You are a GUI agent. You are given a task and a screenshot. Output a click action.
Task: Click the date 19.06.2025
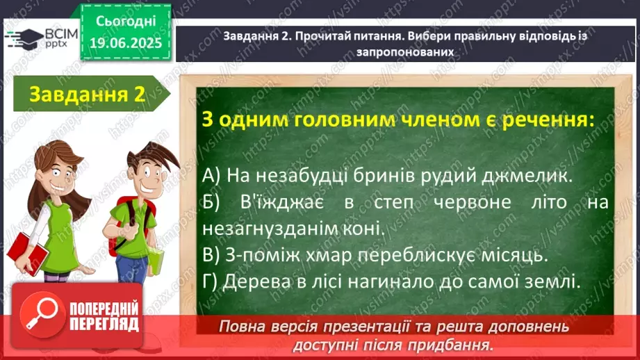[x=126, y=43]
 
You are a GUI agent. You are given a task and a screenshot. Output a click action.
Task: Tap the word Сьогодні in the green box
[x=126, y=22]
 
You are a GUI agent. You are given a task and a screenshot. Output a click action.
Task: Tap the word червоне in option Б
[x=473, y=202]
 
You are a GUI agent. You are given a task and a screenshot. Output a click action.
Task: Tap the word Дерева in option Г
[x=256, y=281]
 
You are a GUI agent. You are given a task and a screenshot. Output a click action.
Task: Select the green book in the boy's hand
[x=156, y=260]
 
